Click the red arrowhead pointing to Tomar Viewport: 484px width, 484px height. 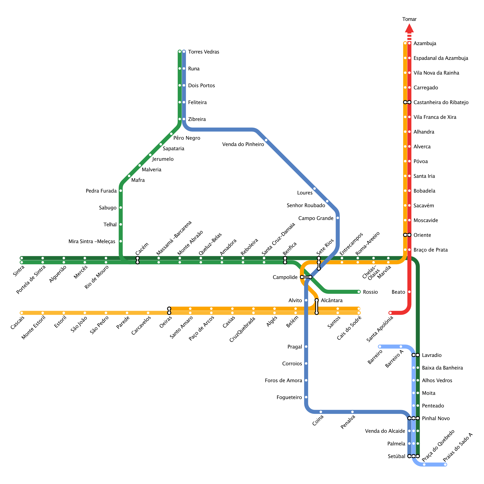click(x=409, y=28)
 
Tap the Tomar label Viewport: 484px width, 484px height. click(x=409, y=19)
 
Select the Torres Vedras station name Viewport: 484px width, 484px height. click(x=204, y=52)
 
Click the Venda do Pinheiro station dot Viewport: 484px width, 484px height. click(x=266, y=140)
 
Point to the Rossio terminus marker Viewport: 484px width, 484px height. click(x=359, y=292)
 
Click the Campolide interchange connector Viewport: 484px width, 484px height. click(x=306, y=277)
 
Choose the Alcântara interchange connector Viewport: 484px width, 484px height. click(x=317, y=306)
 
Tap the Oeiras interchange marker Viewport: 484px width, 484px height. click(x=169, y=311)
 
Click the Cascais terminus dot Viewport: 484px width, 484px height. click(x=22, y=313)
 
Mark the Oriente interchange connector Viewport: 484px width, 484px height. click(x=407, y=235)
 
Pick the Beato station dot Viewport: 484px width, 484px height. click(x=409, y=292)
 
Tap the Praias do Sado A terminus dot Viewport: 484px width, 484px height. click(x=445, y=465)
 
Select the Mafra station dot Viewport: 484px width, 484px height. click(x=129, y=176)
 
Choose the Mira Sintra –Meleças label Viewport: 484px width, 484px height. click(x=92, y=242)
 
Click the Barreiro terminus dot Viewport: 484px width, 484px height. click(x=380, y=347)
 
